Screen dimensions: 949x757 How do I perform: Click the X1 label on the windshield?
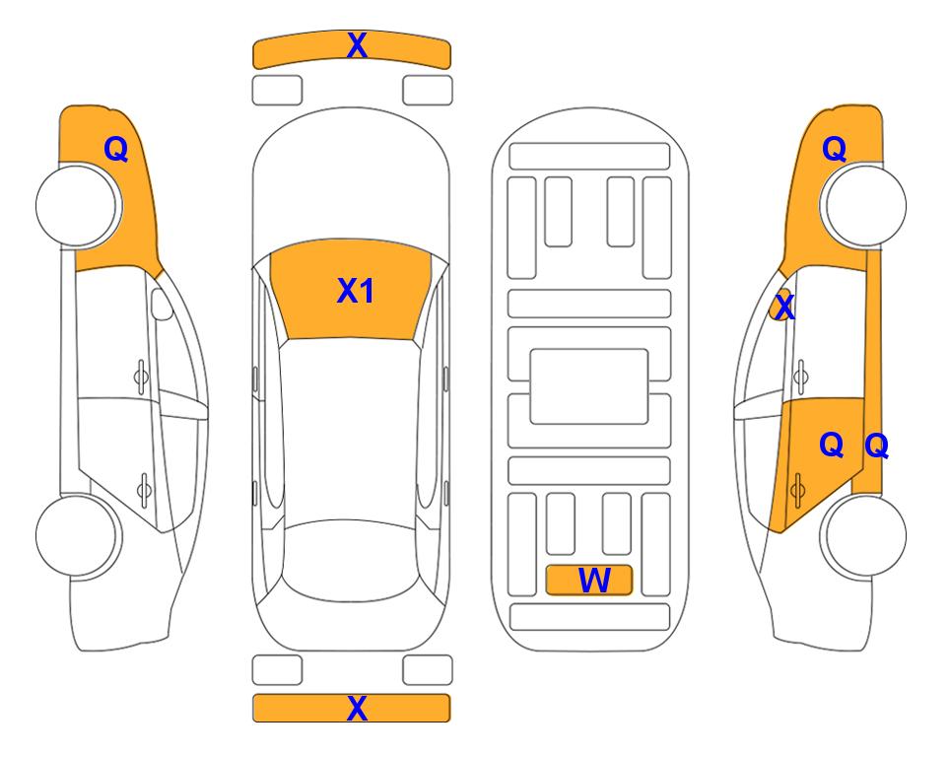click(356, 291)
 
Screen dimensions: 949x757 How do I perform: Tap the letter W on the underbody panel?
click(594, 581)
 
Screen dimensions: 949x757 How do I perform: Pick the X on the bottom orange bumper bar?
click(357, 708)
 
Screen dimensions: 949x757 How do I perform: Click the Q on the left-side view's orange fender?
click(116, 149)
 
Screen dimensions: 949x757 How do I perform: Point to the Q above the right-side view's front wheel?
click(834, 149)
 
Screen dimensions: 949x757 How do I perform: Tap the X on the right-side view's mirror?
click(784, 308)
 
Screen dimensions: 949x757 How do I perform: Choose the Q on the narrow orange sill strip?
click(876, 446)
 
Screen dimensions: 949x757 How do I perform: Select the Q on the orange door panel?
click(831, 446)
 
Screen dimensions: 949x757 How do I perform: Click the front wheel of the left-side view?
click(78, 206)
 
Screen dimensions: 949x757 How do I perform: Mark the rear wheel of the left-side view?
click(78, 535)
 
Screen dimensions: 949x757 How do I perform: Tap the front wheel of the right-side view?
click(863, 205)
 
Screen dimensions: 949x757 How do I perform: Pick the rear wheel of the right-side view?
click(863, 535)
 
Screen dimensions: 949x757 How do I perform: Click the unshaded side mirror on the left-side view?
click(162, 304)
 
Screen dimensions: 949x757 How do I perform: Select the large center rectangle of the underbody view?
click(589, 386)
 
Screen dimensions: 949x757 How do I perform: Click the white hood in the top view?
click(351, 181)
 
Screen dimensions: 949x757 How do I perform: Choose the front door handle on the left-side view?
click(141, 378)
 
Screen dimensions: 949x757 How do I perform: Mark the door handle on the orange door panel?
click(797, 490)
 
